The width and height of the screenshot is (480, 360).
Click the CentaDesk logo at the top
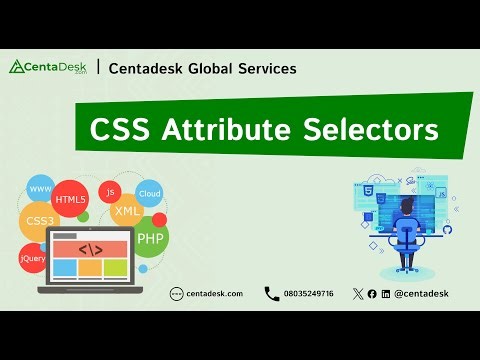(x=49, y=68)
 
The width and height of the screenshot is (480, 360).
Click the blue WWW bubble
(x=41, y=189)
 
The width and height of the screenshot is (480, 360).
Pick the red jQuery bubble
(x=32, y=259)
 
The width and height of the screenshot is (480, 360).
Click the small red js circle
(x=111, y=190)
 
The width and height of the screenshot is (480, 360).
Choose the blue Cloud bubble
(x=149, y=194)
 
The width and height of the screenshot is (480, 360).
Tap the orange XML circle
(x=127, y=212)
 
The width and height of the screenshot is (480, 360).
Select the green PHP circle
(x=150, y=239)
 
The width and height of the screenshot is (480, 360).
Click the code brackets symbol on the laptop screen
(x=90, y=248)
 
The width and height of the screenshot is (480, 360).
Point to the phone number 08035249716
(x=308, y=293)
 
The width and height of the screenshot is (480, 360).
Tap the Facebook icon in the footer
(x=372, y=293)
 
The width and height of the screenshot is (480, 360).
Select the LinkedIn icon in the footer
(x=386, y=293)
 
